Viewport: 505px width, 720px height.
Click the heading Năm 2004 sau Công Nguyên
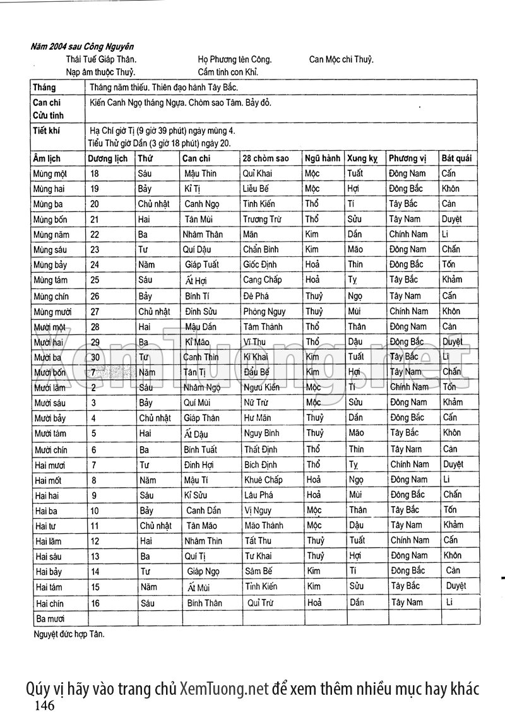[82, 47]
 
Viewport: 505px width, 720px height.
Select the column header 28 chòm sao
[266, 158]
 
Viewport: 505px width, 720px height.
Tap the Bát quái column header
[456, 158]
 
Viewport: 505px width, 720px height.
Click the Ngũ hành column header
[322, 158]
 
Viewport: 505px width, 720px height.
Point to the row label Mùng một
[51, 174]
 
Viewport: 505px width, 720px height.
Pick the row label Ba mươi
[50, 618]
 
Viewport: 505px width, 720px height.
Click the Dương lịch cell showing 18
[95, 174]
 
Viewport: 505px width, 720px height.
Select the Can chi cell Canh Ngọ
[202, 204]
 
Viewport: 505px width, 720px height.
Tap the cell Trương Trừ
[263, 219]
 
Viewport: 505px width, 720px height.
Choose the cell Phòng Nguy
[264, 311]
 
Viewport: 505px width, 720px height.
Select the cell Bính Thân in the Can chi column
[205, 603]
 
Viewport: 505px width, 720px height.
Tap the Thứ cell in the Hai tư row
[155, 525]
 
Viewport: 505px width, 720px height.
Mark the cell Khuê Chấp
[263, 480]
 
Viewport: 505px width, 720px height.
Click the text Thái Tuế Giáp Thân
[102, 60]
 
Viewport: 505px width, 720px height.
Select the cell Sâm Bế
[259, 572]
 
